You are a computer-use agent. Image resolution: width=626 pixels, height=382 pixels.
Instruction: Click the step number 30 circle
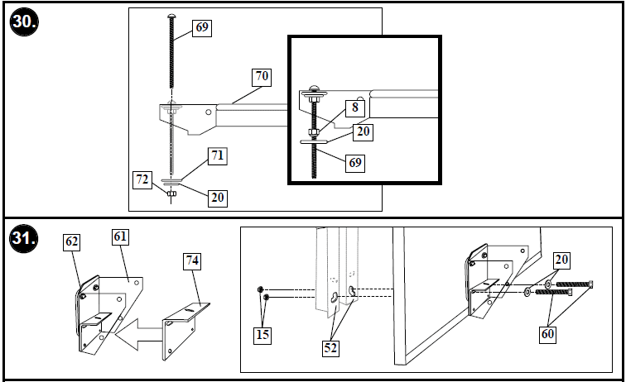pyautogui.click(x=23, y=22)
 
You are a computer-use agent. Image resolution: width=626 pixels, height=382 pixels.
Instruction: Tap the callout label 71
pyautogui.click(x=219, y=155)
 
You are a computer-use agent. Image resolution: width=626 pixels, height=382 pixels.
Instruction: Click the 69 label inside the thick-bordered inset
pyautogui.click(x=354, y=163)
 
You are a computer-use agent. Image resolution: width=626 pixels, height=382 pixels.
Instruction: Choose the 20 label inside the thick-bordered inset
pyautogui.click(x=364, y=130)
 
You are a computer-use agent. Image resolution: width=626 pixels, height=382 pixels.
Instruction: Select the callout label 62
pyautogui.click(x=72, y=242)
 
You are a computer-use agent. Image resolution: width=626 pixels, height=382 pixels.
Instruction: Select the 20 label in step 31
pyautogui.click(x=562, y=260)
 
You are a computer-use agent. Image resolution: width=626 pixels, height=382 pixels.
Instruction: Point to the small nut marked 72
pyautogui.click(x=172, y=194)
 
